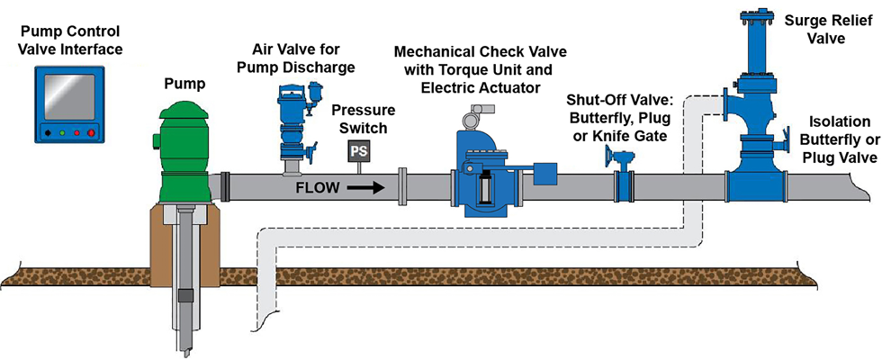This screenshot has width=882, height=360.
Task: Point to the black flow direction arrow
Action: point(364,189)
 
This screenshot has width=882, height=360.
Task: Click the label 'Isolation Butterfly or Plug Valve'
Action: point(841,139)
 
